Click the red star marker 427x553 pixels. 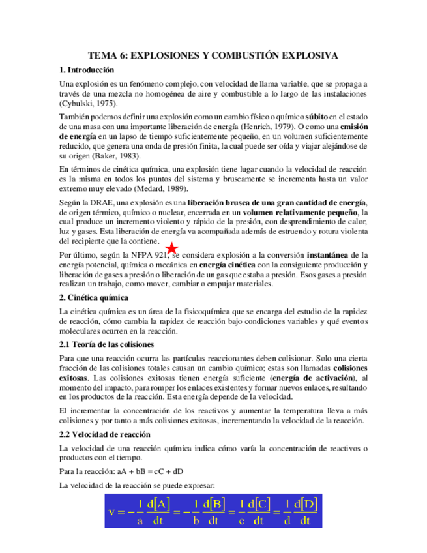[x=171, y=248]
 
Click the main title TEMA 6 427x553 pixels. [x=213, y=56]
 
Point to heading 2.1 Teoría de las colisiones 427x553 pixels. [x=106, y=344]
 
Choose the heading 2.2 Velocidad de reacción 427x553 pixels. [x=105, y=434]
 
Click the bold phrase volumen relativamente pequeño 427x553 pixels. [x=300, y=213]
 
